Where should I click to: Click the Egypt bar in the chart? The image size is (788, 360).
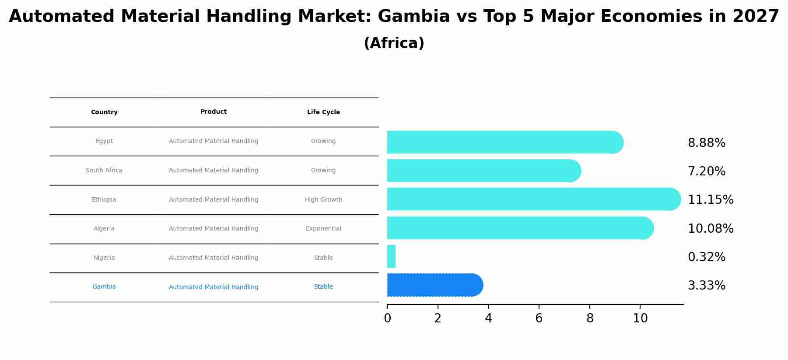(503, 142)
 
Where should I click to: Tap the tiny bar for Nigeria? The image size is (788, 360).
(391, 256)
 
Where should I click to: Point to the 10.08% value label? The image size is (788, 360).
(710, 228)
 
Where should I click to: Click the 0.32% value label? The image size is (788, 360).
(706, 257)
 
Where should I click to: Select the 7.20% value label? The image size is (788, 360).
(706, 171)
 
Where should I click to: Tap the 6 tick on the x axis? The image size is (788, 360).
(539, 318)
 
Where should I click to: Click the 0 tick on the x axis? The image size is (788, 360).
(387, 318)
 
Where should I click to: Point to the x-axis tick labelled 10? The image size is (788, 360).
(640, 318)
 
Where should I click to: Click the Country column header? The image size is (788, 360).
(104, 112)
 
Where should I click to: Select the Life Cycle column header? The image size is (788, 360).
(323, 112)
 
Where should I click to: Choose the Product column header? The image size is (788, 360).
(214, 112)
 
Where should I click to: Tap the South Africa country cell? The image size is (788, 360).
(104, 170)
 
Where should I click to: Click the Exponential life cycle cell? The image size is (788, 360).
(323, 228)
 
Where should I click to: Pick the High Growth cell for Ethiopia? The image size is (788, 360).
(323, 199)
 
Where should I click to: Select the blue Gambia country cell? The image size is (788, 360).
(104, 287)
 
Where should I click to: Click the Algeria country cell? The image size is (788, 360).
(104, 228)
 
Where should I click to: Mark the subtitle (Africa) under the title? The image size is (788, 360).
(394, 43)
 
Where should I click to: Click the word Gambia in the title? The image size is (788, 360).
(413, 17)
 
